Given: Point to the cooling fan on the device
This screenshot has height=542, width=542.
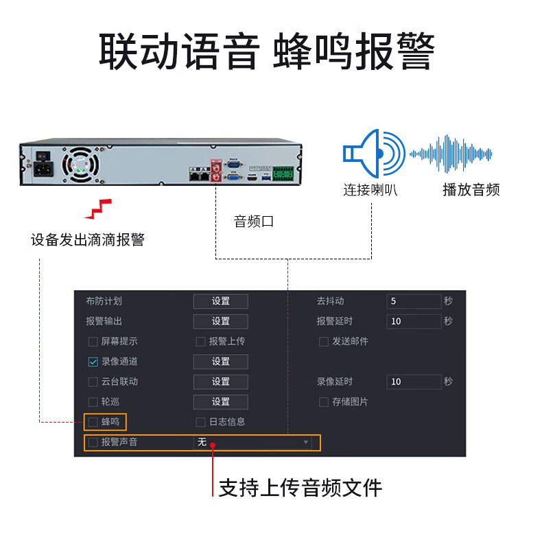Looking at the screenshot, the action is click(78, 164).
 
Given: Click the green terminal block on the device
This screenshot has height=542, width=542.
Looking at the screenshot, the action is click(283, 174).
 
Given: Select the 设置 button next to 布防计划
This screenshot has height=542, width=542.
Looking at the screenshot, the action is click(220, 301).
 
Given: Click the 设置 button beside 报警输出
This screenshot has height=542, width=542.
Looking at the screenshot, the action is click(220, 321).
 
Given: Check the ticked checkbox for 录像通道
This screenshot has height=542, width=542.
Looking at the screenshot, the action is click(93, 362).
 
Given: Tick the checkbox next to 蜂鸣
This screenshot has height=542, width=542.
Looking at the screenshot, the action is click(93, 422).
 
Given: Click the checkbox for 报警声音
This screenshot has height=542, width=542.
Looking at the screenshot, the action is click(93, 442).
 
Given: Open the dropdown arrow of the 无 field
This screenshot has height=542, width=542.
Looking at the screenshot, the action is click(306, 443).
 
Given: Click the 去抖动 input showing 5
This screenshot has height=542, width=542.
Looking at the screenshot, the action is click(414, 301).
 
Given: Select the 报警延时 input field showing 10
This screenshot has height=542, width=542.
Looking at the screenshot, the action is click(414, 321).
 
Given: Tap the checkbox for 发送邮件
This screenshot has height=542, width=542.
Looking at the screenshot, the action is click(324, 342).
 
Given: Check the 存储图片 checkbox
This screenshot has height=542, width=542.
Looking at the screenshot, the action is click(324, 402).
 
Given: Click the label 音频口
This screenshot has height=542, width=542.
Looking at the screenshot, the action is click(253, 222).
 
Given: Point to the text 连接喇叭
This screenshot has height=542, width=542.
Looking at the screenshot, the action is click(370, 190).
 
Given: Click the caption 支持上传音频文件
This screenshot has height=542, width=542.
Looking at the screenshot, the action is click(300, 488).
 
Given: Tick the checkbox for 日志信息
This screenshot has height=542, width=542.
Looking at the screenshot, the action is click(201, 422).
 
